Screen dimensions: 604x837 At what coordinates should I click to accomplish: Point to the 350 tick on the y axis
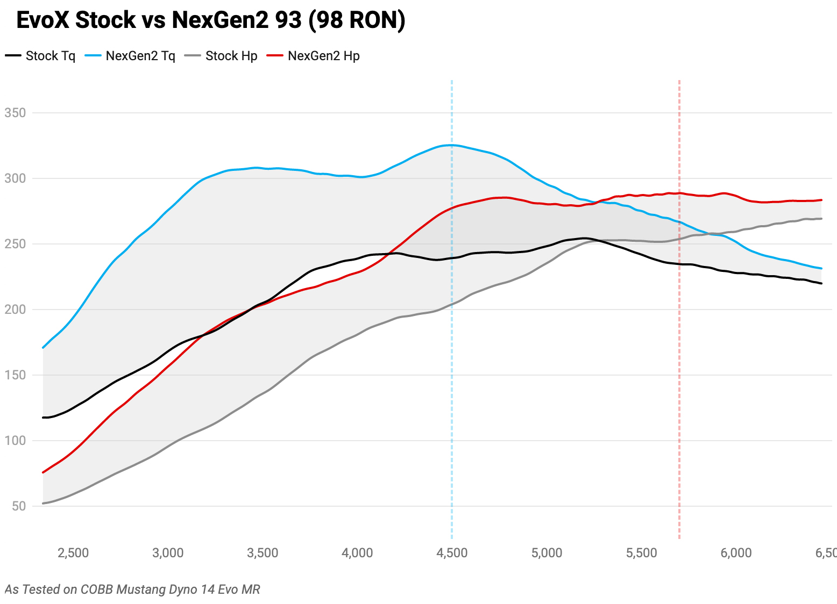coord(15,113)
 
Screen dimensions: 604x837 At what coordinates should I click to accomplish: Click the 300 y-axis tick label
coord(15,178)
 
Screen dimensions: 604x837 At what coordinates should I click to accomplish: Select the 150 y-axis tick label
coord(15,375)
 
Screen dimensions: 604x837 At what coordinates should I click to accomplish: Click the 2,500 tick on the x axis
coord(73,553)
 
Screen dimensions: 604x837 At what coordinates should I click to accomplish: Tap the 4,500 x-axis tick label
coord(452,553)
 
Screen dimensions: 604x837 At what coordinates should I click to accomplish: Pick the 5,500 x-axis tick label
coord(641,553)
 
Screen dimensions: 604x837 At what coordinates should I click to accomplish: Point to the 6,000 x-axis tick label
coord(736,553)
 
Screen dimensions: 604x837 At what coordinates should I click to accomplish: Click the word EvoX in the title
coord(43,20)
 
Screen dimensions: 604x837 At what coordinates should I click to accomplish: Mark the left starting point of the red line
coord(43,472)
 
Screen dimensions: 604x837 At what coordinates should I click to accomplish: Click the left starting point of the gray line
coord(43,504)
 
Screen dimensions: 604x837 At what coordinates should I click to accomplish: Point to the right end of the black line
coord(821,283)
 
